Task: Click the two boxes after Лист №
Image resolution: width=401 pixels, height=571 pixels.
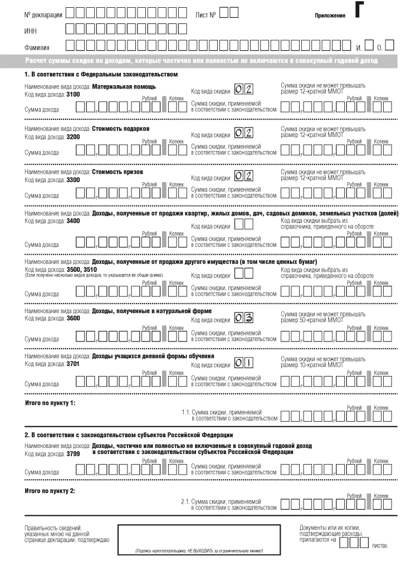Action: tap(228, 12)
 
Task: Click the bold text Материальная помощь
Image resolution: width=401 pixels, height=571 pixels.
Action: tap(124, 87)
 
